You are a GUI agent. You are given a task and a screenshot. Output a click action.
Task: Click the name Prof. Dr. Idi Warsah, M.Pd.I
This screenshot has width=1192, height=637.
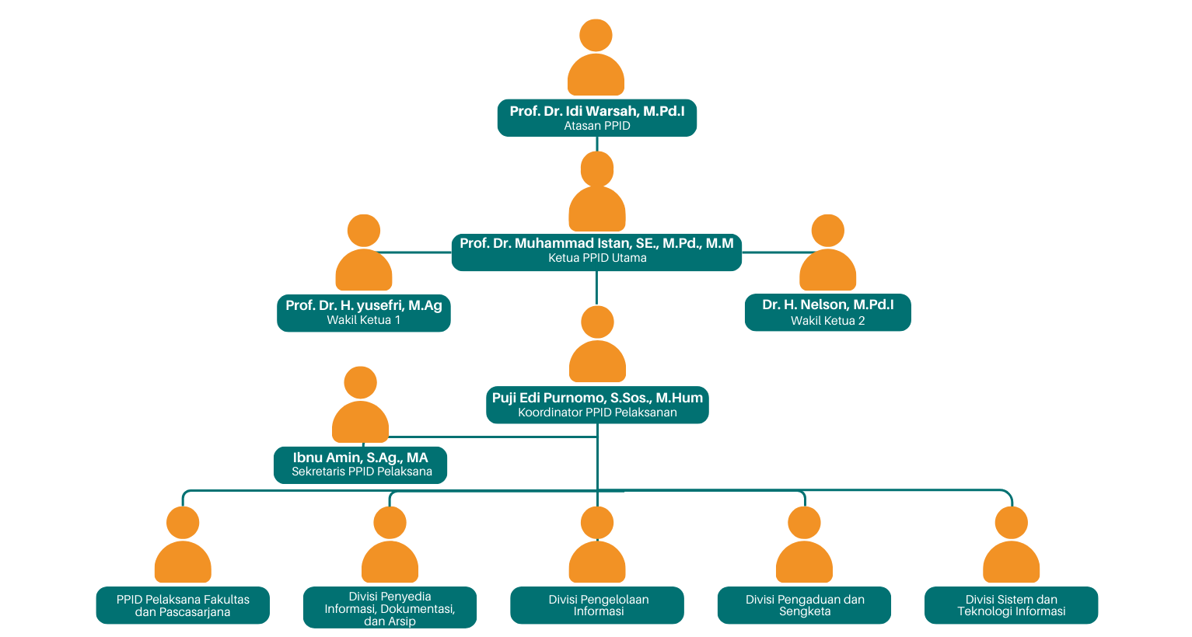click(x=597, y=111)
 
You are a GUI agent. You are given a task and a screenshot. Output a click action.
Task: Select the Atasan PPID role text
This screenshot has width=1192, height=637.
click(x=597, y=126)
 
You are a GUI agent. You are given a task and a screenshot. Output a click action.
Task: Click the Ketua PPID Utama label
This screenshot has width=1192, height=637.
click(x=597, y=258)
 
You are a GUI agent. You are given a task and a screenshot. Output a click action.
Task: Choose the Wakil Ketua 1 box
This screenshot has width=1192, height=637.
click(x=364, y=312)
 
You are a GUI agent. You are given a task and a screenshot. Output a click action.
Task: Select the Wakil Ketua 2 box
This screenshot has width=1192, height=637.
click(x=827, y=312)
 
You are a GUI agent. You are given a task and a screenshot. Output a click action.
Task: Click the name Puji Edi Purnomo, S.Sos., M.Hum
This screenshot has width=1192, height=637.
click(x=597, y=398)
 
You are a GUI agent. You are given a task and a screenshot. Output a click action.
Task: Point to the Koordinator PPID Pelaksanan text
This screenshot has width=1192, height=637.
click(x=597, y=412)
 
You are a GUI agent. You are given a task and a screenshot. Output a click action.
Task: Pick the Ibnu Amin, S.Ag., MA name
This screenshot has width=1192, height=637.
click(x=361, y=458)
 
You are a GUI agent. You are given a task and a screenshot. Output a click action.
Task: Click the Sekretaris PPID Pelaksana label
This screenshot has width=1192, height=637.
click(x=362, y=472)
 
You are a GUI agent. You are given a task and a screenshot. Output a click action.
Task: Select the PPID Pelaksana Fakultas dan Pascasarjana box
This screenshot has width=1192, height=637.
click(x=183, y=605)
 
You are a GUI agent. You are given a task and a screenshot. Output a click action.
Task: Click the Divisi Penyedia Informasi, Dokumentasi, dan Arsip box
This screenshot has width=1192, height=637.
click(x=390, y=607)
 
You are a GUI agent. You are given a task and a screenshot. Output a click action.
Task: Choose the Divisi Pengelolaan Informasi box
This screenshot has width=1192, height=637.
click(x=597, y=605)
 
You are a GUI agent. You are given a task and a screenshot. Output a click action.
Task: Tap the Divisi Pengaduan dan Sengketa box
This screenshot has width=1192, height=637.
click(x=804, y=605)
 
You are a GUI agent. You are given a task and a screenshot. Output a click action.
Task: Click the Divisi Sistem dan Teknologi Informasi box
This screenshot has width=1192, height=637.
click(x=1011, y=605)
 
